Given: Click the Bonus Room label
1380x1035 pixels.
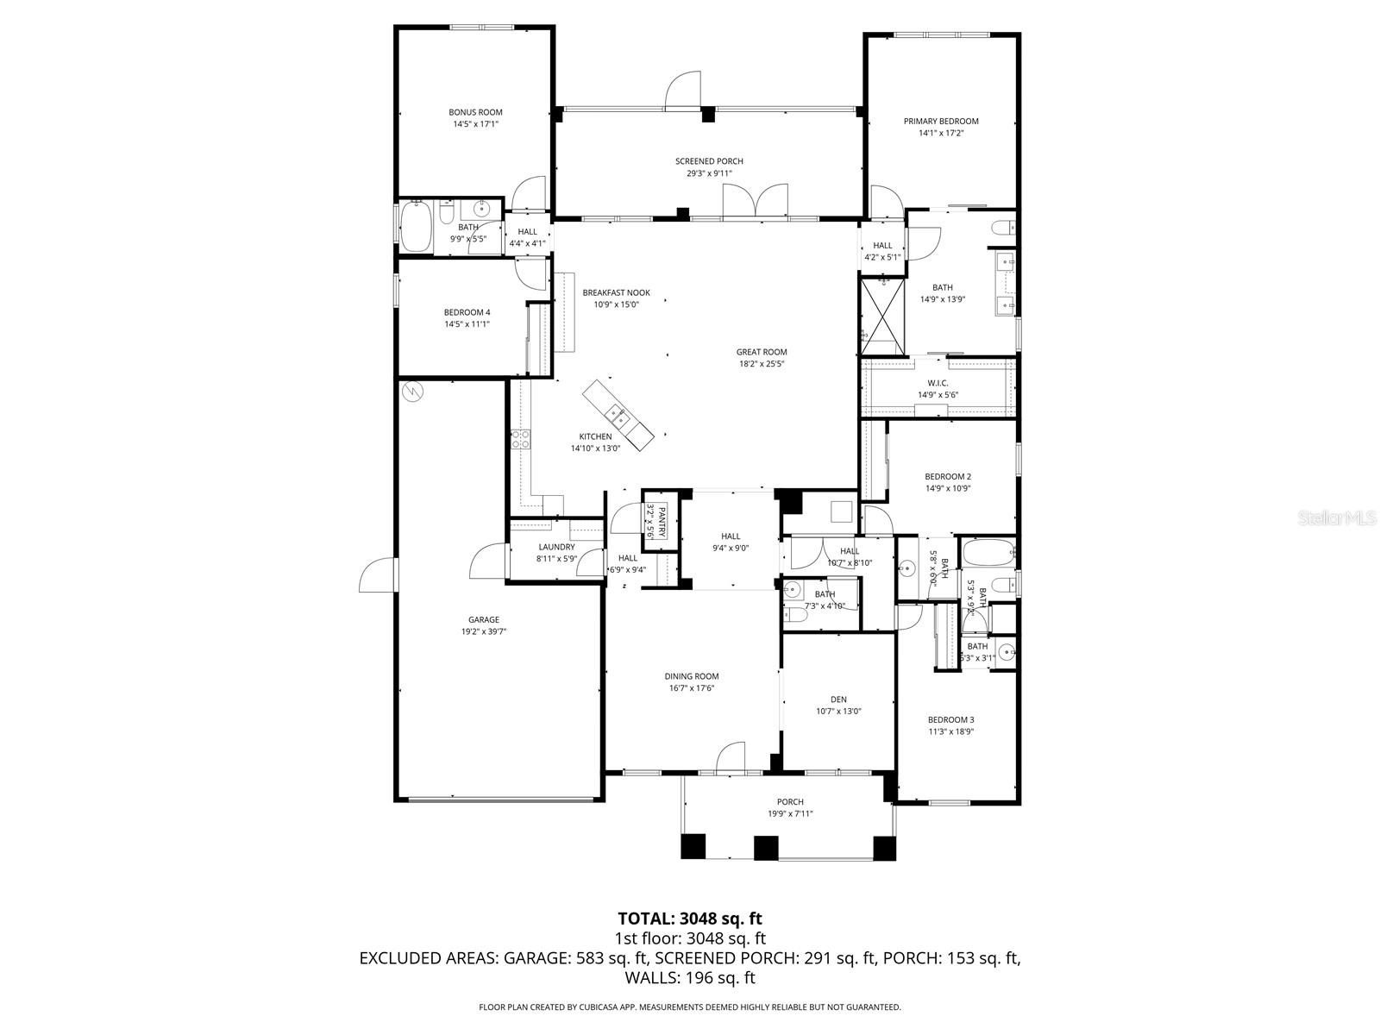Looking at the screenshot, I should click(x=475, y=112).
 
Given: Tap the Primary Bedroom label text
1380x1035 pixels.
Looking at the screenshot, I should click(x=941, y=122).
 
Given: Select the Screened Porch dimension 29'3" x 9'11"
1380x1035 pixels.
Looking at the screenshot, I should click(x=709, y=173).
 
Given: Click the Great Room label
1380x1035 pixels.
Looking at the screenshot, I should click(x=762, y=352).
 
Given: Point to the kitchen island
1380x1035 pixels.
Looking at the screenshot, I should click(x=620, y=416).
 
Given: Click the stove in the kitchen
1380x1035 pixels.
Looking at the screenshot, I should click(x=519, y=440).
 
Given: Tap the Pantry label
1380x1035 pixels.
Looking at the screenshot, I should click(x=662, y=523).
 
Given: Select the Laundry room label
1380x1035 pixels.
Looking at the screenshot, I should click(x=556, y=547).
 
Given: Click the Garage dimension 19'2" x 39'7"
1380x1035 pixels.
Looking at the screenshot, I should click(x=483, y=631).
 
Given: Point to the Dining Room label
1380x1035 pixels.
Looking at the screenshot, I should click(x=691, y=676).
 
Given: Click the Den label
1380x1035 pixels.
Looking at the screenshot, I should click(x=838, y=699).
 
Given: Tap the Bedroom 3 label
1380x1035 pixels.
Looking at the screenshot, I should click(x=950, y=719).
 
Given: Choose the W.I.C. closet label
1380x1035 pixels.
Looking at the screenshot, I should click(x=938, y=383).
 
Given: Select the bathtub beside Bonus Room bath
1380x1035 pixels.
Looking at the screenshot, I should click(x=416, y=228).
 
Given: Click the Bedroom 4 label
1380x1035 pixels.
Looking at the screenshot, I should click(x=467, y=312).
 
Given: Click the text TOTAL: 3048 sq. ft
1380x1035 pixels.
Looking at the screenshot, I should click(x=690, y=918).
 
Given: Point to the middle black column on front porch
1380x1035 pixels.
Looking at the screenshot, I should click(x=766, y=847).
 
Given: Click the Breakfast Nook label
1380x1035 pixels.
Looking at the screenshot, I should click(x=616, y=292).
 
